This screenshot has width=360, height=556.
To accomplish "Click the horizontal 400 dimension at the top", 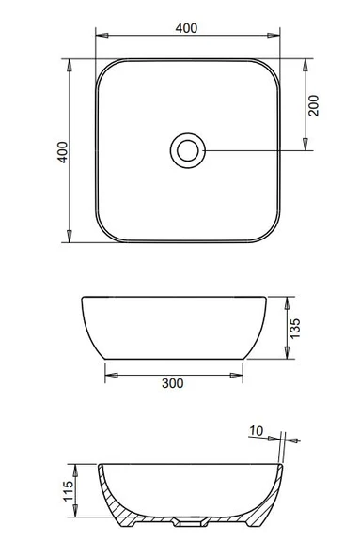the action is pyautogui.click(x=186, y=28).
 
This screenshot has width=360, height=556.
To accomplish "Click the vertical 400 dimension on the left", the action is pyautogui.click(x=62, y=152).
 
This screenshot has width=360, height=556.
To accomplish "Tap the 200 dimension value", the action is pyautogui.click(x=314, y=105).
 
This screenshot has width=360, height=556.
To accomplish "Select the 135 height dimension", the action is pyautogui.click(x=295, y=329).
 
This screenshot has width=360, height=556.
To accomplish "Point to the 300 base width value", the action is pyautogui.click(x=173, y=383).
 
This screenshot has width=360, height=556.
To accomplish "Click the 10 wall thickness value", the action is pyautogui.click(x=256, y=431).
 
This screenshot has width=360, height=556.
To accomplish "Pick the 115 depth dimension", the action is pyautogui.click(x=69, y=491).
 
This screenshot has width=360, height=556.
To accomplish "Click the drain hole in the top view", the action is pyautogui.click(x=188, y=150).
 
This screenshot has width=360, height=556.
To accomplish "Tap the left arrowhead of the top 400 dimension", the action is pyautogui.click(x=102, y=35).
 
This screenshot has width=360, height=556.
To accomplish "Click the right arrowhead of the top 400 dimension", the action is pyautogui.click(x=274, y=35).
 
